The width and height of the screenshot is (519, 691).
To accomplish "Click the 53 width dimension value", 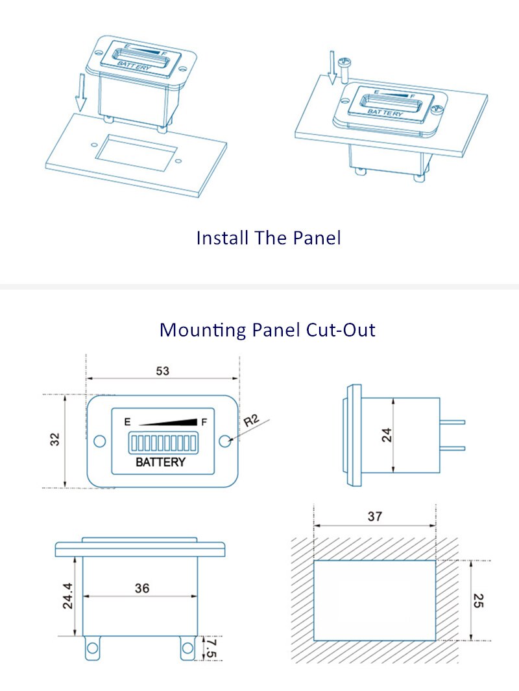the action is [x=162, y=371].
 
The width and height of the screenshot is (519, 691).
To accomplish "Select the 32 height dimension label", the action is [x=54, y=439].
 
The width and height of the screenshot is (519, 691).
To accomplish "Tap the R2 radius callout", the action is [x=251, y=421].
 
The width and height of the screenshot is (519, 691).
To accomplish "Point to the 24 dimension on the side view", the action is [x=387, y=435].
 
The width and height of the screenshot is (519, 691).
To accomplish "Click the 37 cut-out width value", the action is [x=375, y=516].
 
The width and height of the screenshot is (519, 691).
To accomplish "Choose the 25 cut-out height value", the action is [x=478, y=600].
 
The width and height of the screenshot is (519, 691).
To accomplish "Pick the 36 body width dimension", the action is [x=142, y=588].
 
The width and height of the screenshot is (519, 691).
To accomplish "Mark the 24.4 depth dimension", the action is [x=68, y=596].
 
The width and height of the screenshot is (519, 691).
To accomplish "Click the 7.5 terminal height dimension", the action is [x=211, y=648].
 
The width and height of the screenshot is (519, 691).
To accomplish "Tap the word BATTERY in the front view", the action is [x=160, y=462].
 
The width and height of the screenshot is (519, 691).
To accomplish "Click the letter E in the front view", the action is [x=127, y=422].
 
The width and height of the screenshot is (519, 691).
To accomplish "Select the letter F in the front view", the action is [x=204, y=422].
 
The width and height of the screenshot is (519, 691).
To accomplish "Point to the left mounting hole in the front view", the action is [x=100, y=441].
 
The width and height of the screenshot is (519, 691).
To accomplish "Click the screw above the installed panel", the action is [x=343, y=69].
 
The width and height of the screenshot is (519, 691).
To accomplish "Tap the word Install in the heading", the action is [x=223, y=238].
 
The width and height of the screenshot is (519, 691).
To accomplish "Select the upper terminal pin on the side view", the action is [x=452, y=422].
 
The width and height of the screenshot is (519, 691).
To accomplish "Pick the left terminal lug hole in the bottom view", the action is [x=92, y=648].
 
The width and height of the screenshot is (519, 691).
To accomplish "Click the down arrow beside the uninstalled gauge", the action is [x=80, y=91].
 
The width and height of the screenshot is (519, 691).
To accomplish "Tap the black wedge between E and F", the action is [x=168, y=422].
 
